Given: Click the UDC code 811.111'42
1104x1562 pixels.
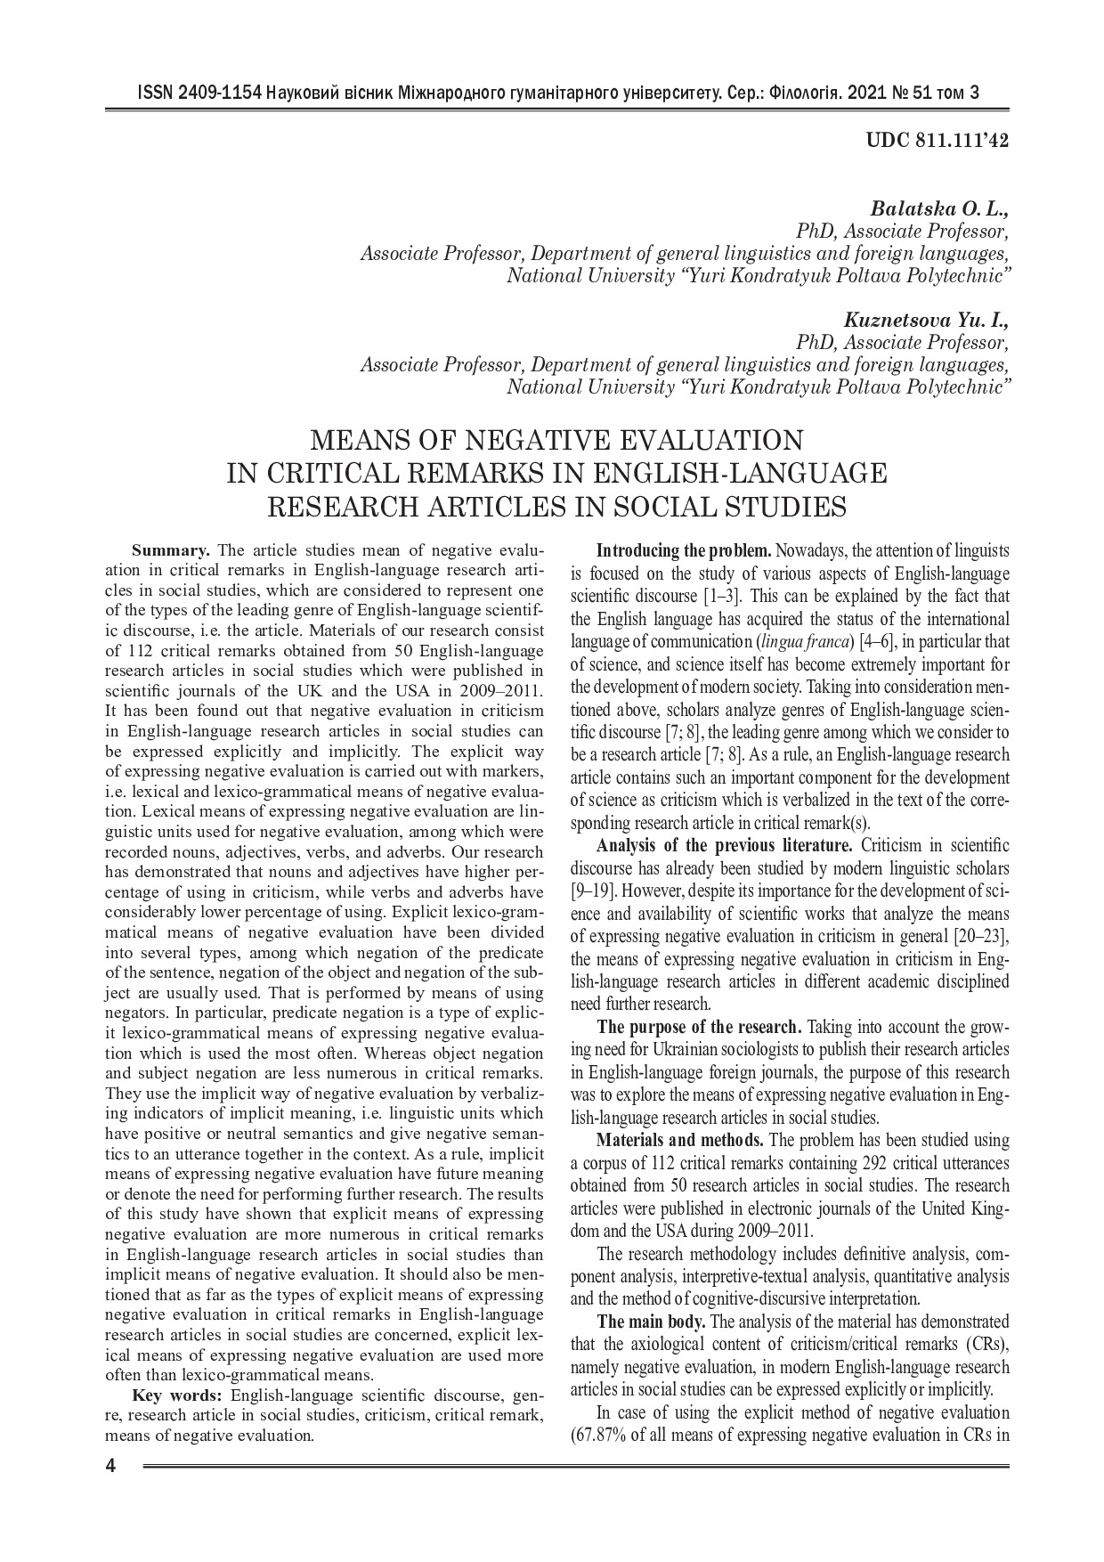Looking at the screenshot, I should click(964, 142).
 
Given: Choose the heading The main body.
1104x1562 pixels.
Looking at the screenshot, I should click(651, 1321).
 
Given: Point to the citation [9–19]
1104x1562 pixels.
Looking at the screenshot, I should click(589, 890).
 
